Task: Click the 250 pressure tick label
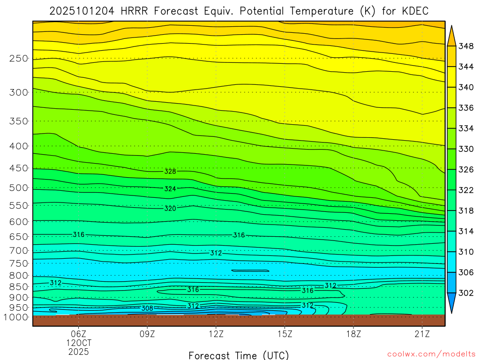[18, 59]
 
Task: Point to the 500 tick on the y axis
[18, 188]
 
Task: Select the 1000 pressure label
[16, 317]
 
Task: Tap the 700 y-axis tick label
[18, 250]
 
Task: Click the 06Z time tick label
[78, 334]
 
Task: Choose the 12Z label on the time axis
[216, 334]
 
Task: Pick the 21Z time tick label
[422, 334]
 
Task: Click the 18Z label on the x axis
[353, 334]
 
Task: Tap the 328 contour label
[170, 172]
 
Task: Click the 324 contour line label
[170, 189]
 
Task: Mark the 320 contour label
[170, 208]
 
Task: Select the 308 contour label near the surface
[147, 308]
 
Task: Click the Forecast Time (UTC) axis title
[239, 355]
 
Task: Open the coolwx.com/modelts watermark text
[431, 353]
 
